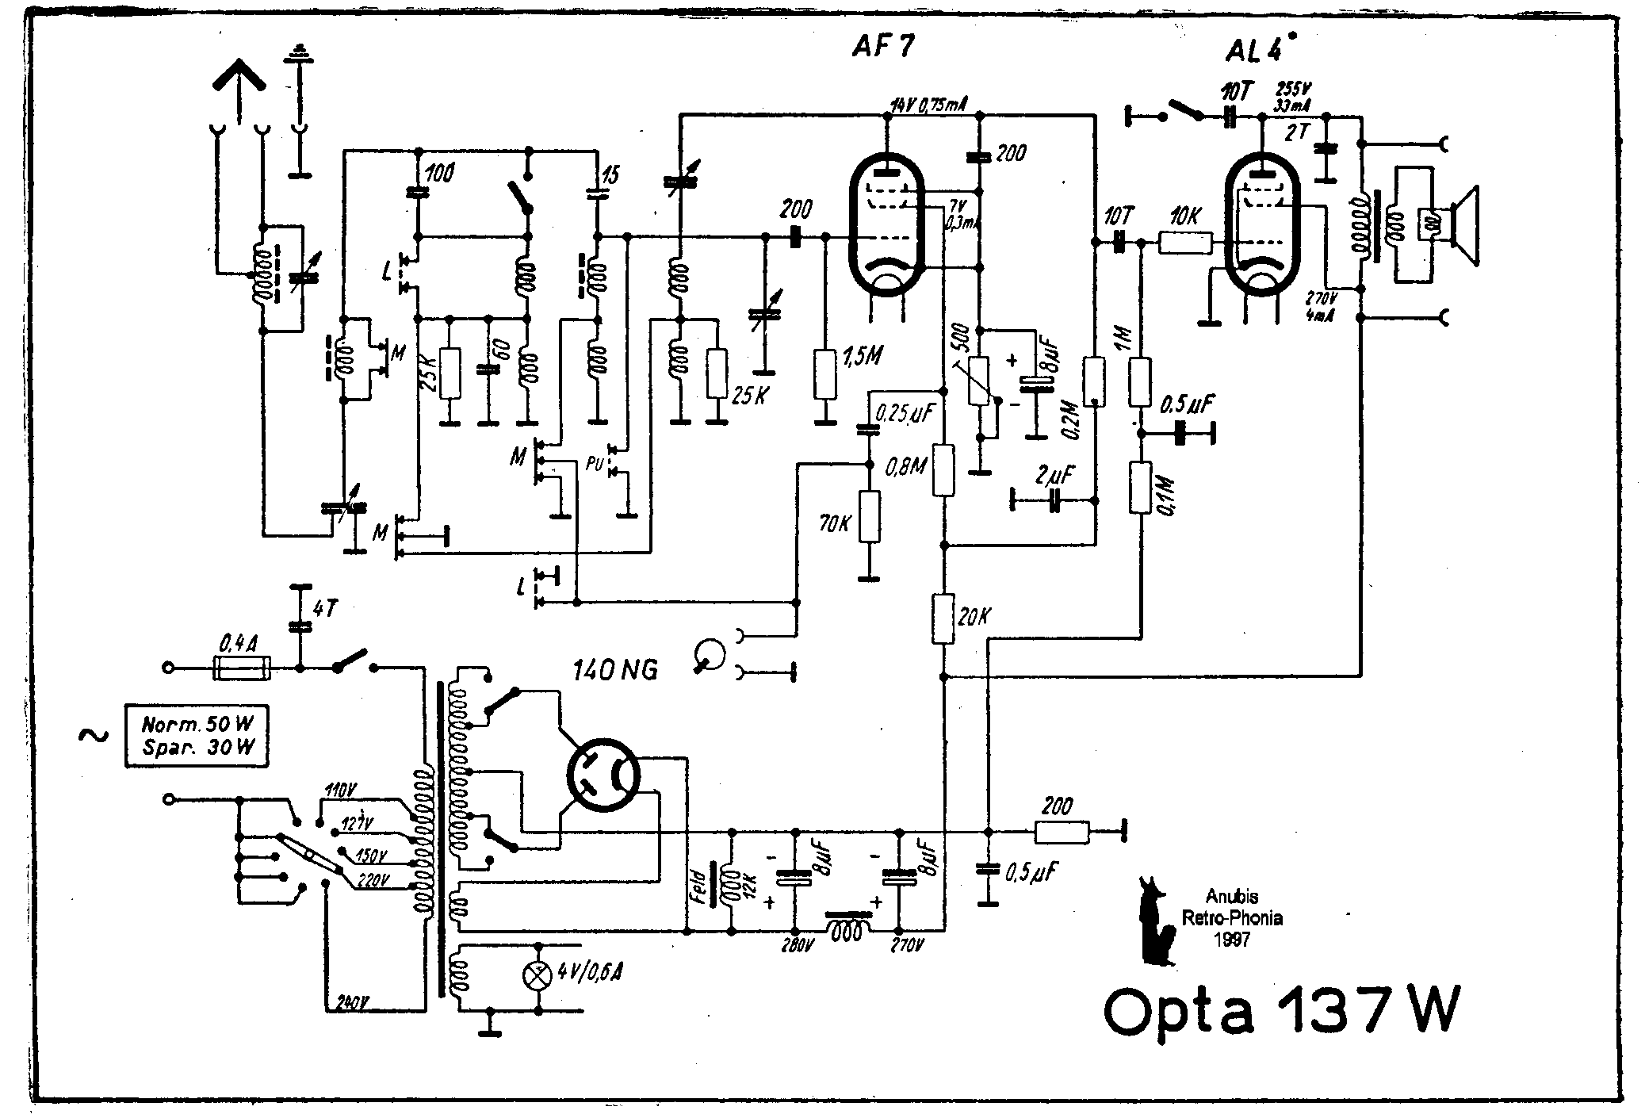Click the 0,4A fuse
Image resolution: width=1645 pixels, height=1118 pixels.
click(243, 668)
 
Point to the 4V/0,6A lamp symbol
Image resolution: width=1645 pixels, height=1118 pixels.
click(538, 976)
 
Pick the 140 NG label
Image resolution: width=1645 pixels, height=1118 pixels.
click(615, 671)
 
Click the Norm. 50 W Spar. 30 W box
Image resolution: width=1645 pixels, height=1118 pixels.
click(196, 735)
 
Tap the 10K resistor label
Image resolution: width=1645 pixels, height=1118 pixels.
click(1185, 216)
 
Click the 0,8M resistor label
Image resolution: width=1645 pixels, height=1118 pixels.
click(905, 465)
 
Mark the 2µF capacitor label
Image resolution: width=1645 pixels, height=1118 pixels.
click(1054, 477)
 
